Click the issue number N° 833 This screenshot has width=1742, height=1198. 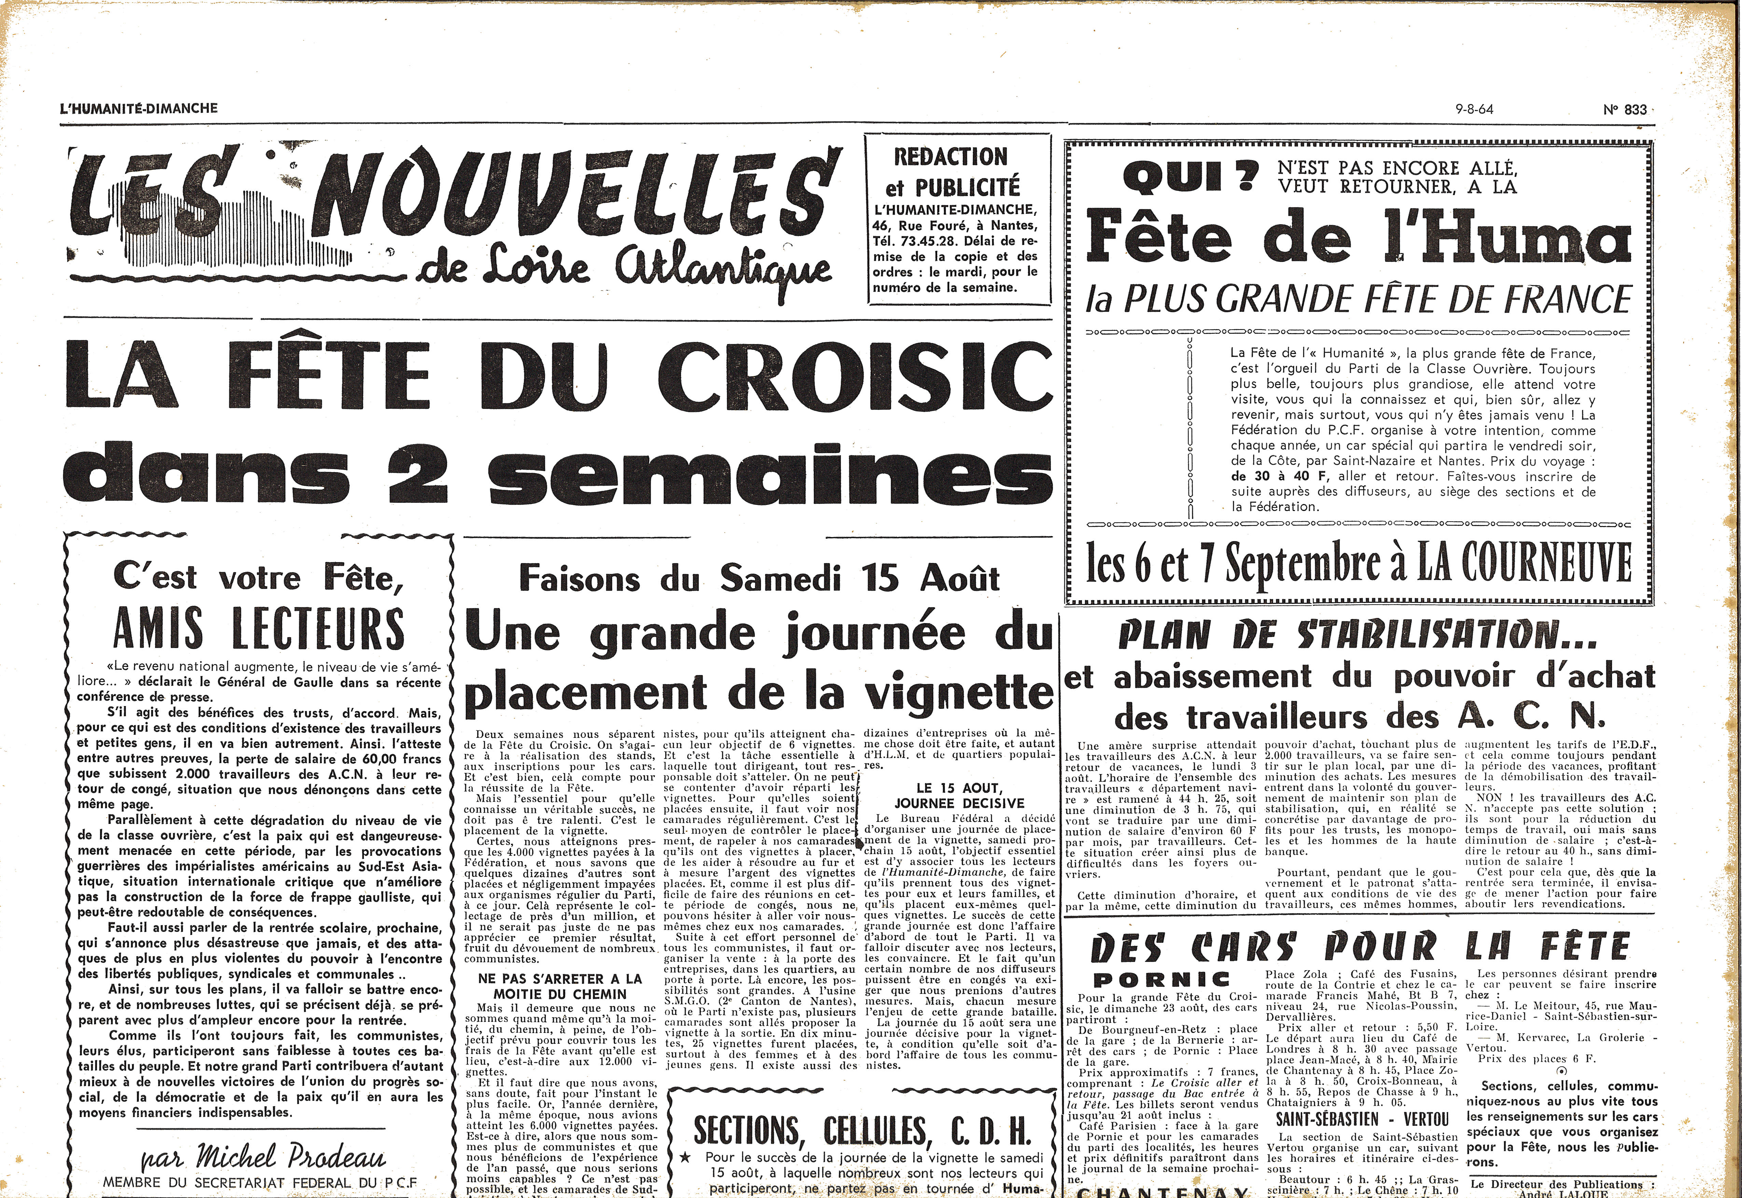click(1625, 110)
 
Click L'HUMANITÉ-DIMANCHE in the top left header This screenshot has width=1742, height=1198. click(139, 108)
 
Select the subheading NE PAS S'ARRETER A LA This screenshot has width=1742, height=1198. click(560, 979)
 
